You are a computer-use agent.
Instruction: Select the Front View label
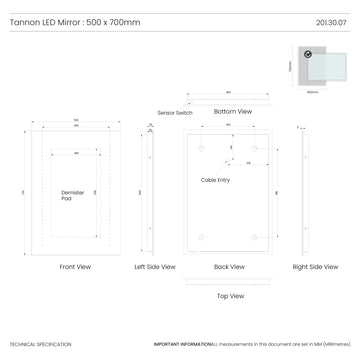point(75,267)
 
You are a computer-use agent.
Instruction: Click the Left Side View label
point(155,267)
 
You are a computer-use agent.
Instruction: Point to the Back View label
point(230,267)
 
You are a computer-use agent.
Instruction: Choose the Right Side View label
point(313,267)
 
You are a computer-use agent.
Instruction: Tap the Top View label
point(230,296)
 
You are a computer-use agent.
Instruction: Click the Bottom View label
point(233,112)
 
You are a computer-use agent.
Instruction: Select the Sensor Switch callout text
point(176,113)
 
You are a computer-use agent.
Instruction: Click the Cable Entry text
point(216,180)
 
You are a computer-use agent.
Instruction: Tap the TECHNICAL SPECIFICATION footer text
point(40,344)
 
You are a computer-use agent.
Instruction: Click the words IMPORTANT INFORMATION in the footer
point(182,344)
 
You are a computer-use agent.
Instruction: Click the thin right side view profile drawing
point(303,191)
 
